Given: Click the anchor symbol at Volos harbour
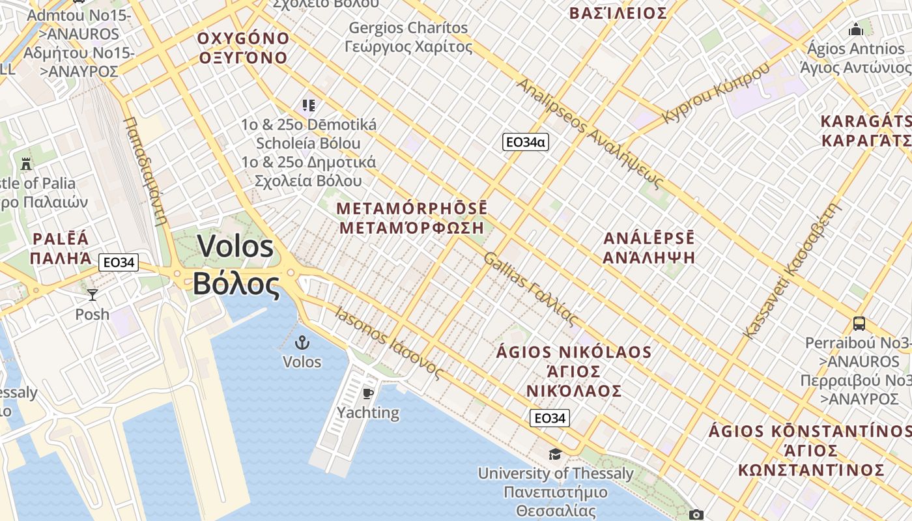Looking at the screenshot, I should tap(302, 343).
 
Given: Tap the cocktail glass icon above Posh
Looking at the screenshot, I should tap(93, 295).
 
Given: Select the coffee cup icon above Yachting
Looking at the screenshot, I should tap(368, 393).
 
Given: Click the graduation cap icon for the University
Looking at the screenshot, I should tap(555, 454).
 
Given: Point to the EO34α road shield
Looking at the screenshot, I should tap(525, 142).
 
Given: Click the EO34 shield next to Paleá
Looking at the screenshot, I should tap(119, 262).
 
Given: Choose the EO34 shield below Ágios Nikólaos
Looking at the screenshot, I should tap(550, 418).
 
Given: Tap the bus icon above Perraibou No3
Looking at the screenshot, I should tap(859, 323).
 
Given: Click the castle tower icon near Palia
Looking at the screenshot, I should tap(26, 163).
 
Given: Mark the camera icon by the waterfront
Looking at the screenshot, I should tap(696, 515).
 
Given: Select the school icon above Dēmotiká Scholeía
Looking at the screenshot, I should tap(308, 105).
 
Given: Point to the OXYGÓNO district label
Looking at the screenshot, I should tap(243, 38).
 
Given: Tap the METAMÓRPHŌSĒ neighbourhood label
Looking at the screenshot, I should tap(412, 208).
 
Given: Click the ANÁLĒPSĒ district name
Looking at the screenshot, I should tap(649, 238).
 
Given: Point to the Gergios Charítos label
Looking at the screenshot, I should tap(408, 28).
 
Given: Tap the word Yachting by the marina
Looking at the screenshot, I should tap(368, 412).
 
